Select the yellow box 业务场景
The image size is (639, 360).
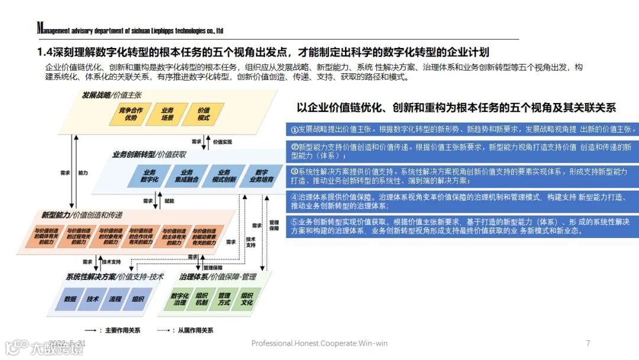pyautogui.click(x=167, y=114)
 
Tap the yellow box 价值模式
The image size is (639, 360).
pyautogui.click(x=204, y=114)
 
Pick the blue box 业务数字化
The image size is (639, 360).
pyautogui.click(x=149, y=176)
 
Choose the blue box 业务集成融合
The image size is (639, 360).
pyautogui.click(x=185, y=176)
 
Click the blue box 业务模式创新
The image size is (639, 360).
pyautogui.click(x=224, y=176)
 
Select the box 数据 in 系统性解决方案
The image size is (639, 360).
pyautogui.click(x=70, y=299)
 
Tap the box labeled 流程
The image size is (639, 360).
pyautogui.click(x=115, y=299)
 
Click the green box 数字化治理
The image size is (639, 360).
pyautogui.click(x=179, y=299)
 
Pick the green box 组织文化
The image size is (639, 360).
pyautogui.click(x=247, y=299)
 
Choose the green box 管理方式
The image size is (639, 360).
pyautogui.click(x=224, y=299)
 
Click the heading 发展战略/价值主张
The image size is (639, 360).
pyautogui.click(x=112, y=94)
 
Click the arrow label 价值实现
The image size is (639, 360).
pyautogui.click(x=222, y=142)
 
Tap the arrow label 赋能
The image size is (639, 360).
pyautogui.click(x=169, y=201)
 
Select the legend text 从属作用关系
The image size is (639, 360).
pyautogui.click(x=195, y=330)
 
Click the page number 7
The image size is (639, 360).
pyautogui.click(x=588, y=343)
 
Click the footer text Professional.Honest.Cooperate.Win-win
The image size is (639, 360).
pyautogui.click(x=319, y=343)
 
